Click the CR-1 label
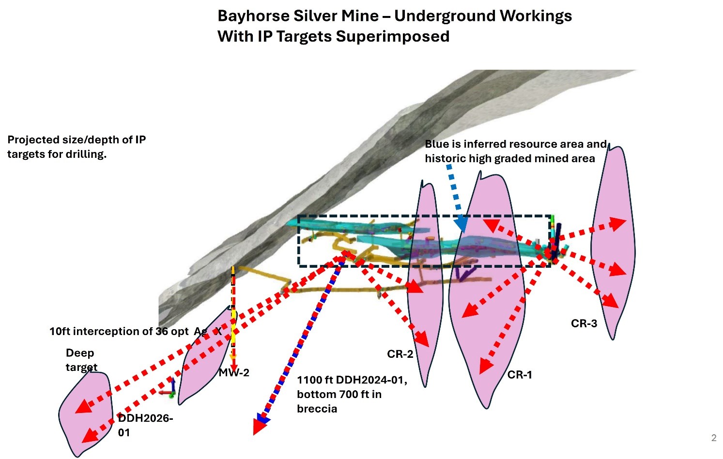pyautogui.click(x=520, y=375)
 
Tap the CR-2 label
pyautogui.click(x=400, y=354)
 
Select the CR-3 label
pyautogui.click(x=584, y=323)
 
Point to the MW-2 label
pyautogui.click(x=234, y=372)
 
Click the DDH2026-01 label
pyautogui.click(x=145, y=425)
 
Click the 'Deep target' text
pyautogui.click(x=81, y=360)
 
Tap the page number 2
pyautogui.click(x=713, y=438)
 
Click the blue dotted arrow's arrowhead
pyautogui.click(x=461, y=224)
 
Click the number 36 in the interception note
pyautogui.click(x=161, y=331)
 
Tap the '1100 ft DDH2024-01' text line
pyautogui.click(x=352, y=380)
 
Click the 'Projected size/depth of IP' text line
pyautogui.click(x=77, y=140)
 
